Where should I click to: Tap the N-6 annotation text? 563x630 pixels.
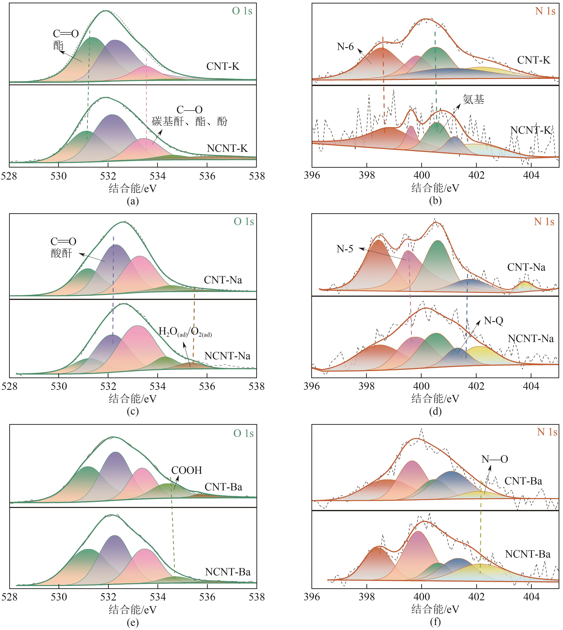pyautogui.click(x=345, y=47)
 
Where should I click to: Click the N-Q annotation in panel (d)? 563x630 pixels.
pyautogui.click(x=493, y=321)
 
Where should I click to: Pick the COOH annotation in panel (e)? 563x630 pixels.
pyautogui.click(x=187, y=470)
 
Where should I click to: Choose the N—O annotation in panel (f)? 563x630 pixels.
pyautogui.click(x=495, y=459)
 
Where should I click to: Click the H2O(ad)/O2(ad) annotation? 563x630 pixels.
pyautogui.click(x=185, y=332)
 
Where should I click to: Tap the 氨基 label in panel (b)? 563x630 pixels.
pyautogui.click(x=473, y=99)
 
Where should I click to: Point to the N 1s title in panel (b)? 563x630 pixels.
pyautogui.click(x=545, y=11)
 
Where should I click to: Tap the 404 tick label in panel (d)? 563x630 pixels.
pyautogui.click(x=531, y=386)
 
